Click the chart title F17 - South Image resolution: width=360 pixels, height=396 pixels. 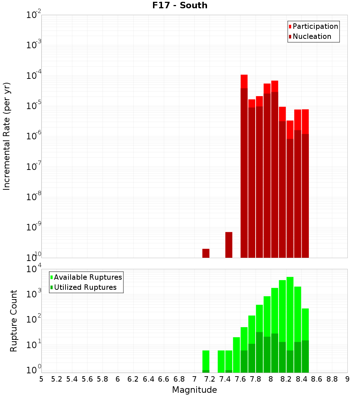[x=179, y=5]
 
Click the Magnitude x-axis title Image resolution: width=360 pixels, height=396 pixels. [x=194, y=390]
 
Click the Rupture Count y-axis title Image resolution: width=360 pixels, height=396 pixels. [x=14, y=320]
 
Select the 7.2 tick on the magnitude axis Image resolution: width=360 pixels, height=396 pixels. [x=210, y=379]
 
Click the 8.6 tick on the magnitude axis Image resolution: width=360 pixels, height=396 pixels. [x=316, y=379]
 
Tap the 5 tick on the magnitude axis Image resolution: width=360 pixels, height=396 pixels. [x=41, y=379]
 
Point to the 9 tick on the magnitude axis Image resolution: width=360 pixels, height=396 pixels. [x=347, y=379]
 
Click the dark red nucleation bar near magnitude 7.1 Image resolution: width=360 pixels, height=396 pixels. [x=206, y=253]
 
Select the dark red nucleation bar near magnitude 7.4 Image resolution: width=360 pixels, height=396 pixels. [x=229, y=245]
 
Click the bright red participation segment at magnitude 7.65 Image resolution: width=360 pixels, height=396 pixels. [x=244, y=81]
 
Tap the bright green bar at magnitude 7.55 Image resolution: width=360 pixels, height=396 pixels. [x=237, y=355]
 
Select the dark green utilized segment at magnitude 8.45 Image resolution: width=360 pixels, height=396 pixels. [x=305, y=356]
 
